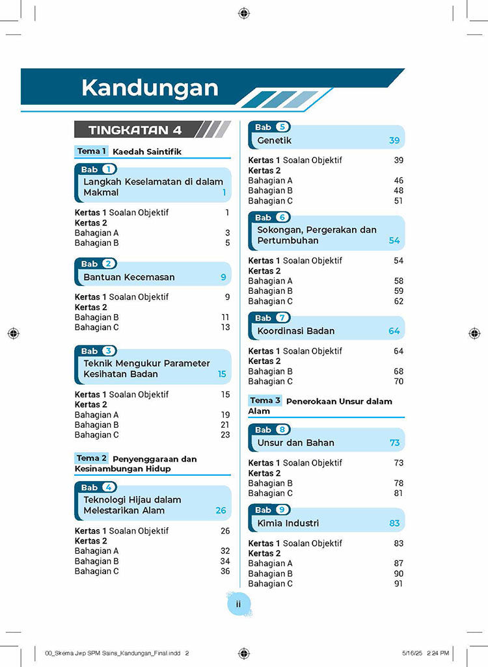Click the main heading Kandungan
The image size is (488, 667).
tap(150, 88)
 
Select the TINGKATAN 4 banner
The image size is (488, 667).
tap(135, 130)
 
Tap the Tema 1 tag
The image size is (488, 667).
tap(91, 151)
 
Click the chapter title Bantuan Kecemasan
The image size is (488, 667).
tap(129, 277)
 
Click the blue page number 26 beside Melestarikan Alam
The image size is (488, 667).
tap(221, 510)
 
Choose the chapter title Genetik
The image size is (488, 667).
tap(275, 140)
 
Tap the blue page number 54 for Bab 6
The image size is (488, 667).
tap(394, 241)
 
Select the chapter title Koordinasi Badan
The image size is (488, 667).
tap(296, 331)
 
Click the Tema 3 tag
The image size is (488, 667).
tap(265, 400)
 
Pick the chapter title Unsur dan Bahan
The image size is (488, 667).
tap(296, 443)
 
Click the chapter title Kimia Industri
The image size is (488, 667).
tap(288, 523)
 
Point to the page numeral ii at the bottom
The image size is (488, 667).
tap(239, 604)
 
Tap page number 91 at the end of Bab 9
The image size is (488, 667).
tap(398, 584)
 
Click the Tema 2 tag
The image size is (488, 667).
tap(92, 458)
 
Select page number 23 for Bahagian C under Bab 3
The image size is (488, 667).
tap(225, 435)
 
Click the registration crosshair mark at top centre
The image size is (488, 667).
tap(243, 12)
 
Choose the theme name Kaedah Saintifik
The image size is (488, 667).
tap(147, 152)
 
